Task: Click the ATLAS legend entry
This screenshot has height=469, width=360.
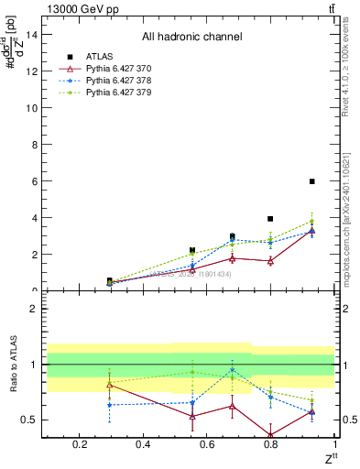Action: (x=99, y=56)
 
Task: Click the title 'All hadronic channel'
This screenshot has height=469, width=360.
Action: (x=191, y=38)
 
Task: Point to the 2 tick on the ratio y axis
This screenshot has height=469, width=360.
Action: (x=34, y=309)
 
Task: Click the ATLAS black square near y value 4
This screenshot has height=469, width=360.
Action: (x=270, y=219)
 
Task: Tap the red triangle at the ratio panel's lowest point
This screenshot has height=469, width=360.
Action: (x=270, y=436)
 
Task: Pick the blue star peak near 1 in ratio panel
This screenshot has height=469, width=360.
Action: (x=233, y=370)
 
